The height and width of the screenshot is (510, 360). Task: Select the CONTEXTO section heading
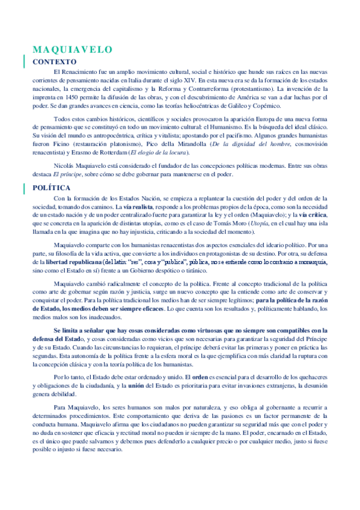pyautogui.click(x=53, y=61)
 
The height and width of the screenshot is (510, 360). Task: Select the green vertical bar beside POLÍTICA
pyautogui.click(x=23, y=188)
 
